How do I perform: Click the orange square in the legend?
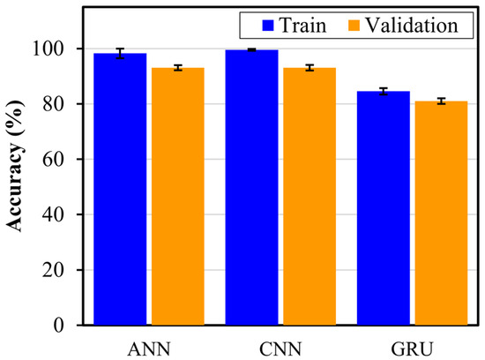[339, 25]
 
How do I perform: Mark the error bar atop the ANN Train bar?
[120, 54]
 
